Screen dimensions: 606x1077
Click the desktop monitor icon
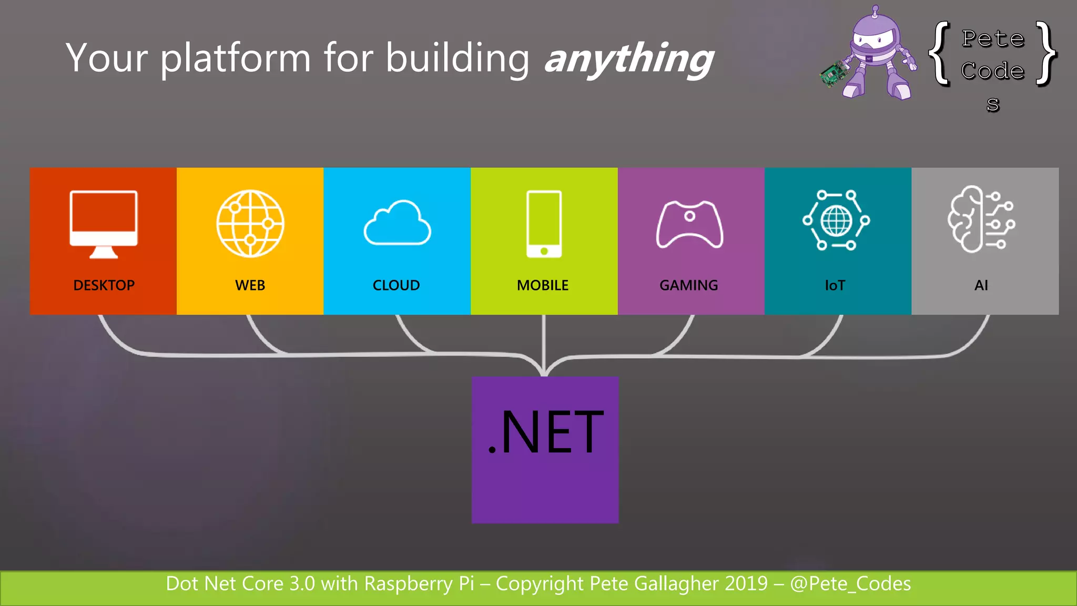coord(104,223)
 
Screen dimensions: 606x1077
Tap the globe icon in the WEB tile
coord(250,224)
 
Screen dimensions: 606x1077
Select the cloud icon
coord(397,223)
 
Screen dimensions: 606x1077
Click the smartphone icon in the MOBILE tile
coord(544,224)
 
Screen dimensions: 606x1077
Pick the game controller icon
coord(689,224)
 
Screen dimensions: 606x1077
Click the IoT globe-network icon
coord(836,220)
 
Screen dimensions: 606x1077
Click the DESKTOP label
coord(104,285)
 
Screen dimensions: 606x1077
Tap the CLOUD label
coord(396,285)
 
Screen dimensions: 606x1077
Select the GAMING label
coord(688,285)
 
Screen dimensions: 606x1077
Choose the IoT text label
coord(835,285)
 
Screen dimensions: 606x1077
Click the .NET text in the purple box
coord(545,432)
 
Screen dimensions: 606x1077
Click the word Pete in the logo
coord(993,38)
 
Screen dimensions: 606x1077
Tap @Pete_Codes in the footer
coord(850,584)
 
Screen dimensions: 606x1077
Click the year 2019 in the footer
coord(746,584)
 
